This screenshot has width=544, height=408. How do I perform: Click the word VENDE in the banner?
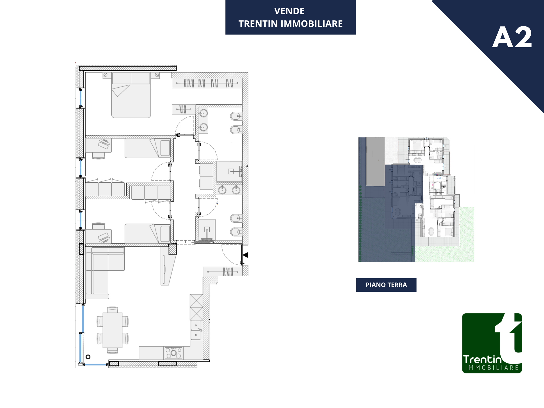tap(289, 11)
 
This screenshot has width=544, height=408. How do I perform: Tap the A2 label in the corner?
tap(512, 37)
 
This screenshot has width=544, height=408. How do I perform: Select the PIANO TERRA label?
tap(386, 285)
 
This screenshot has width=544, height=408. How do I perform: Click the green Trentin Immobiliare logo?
tap(492, 343)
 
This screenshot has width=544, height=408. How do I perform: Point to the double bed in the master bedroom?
tap(131, 95)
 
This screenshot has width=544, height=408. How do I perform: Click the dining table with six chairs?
tap(112, 330)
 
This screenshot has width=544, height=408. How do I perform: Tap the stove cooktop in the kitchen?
tap(173, 353)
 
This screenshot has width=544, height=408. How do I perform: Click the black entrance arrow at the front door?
tap(245, 255)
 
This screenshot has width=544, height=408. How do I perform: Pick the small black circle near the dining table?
tap(88, 357)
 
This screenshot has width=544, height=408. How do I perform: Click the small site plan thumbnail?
tap(416, 200)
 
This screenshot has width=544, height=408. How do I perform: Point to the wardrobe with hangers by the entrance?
tap(223, 272)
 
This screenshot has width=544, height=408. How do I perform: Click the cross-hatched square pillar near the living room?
tap(173, 249)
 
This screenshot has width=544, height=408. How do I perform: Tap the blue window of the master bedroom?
tap(80, 98)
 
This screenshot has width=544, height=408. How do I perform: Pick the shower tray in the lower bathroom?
tap(207, 230)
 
